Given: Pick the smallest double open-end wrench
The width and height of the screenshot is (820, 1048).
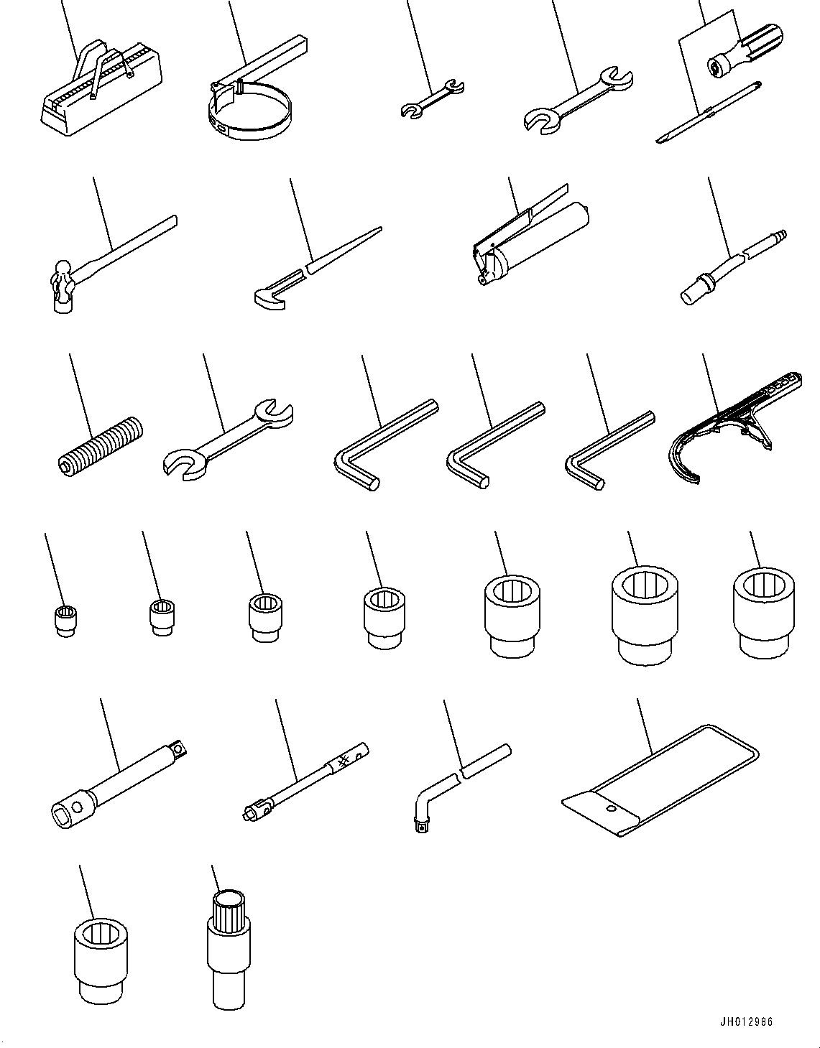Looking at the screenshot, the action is (x=432, y=99).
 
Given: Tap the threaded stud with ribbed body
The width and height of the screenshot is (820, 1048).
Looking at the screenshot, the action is (x=98, y=447).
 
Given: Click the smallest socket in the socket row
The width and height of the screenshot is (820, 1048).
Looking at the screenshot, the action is (x=66, y=621).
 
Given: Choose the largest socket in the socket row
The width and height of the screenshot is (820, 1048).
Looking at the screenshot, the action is (x=645, y=616).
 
